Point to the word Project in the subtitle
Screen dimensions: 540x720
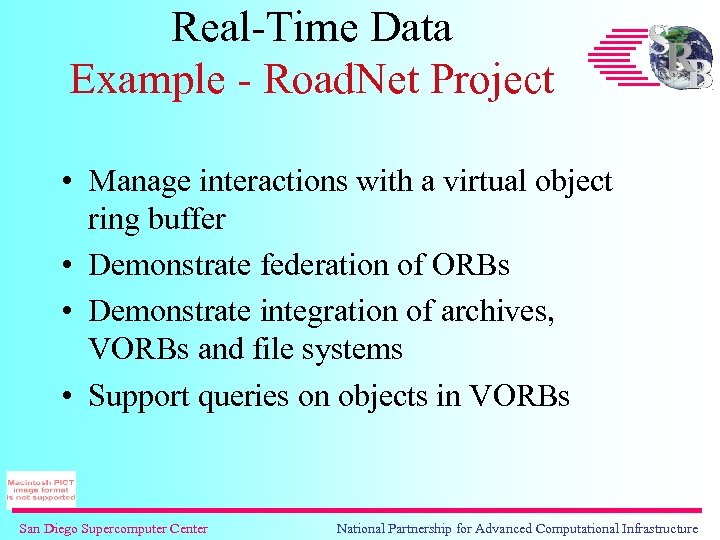pos(497,79)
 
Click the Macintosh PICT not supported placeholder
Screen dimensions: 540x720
pos(40,489)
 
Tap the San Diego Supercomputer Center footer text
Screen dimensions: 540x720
pos(113,528)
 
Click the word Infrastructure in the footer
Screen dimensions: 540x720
pos(656,528)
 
